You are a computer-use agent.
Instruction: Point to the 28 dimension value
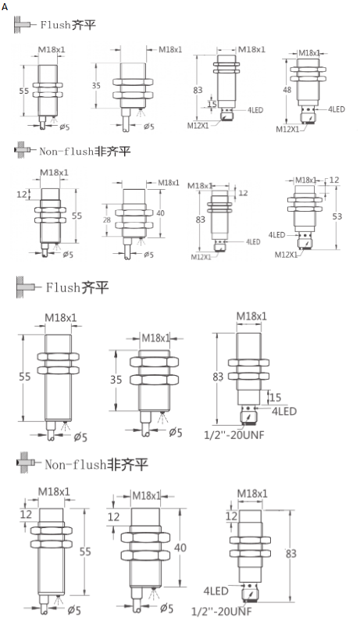pyautogui.click(x=107, y=220)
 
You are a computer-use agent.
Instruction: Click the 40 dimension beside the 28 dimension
pyautogui.click(x=161, y=212)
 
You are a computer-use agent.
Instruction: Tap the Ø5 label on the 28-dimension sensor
pyautogui.click(x=148, y=255)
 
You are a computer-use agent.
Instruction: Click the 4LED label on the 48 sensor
pyautogui.click(x=336, y=109)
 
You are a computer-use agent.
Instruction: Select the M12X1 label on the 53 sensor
pyautogui.click(x=286, y=254)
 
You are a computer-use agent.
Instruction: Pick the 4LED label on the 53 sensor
pyautogui.click(x=277, y=234)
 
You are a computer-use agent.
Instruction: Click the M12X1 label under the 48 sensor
pyautogui.click(x=287, y=129)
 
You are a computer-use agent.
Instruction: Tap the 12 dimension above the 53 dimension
pyautogui.click(x=335, y=180)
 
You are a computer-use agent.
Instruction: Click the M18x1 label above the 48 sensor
pyautogui.click(x=309, y=53)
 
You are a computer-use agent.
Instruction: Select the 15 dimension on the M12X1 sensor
pyautogui.click(x=212, y=104)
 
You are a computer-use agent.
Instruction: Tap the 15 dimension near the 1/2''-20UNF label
pyautogui.click(x=276, y=397)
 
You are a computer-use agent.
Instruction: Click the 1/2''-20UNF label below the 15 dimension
pyautogui.click(x=233, y=434)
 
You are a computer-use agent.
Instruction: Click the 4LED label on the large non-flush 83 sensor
pyautogui.click(x=216, y=591)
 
